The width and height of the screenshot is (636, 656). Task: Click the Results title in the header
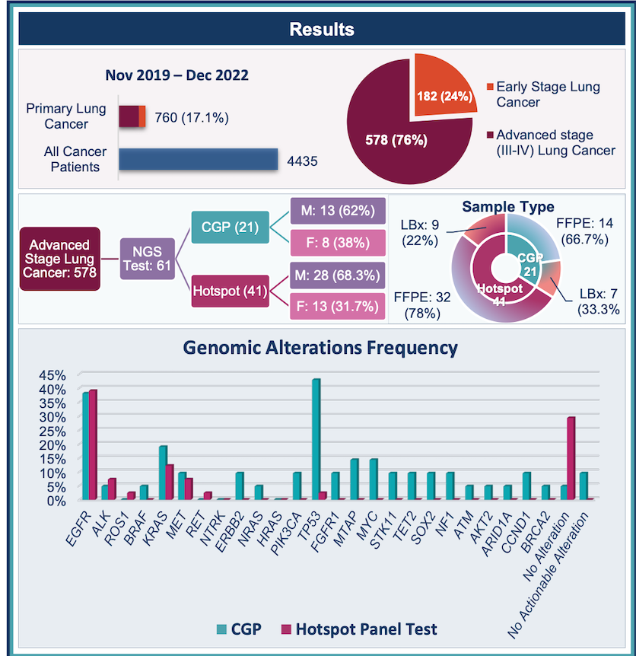[x=321, y=30]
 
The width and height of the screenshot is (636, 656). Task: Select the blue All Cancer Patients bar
[x=199, y=159]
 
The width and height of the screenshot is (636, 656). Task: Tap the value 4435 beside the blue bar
[x=302, y=161]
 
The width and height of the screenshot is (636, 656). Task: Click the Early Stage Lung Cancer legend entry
[x=547, y=94]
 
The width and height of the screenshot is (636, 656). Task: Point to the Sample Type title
[x=508, y=207]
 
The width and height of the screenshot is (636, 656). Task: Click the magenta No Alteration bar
[x=571, y=457]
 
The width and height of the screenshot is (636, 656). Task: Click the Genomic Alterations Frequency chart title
[x=320, y=348]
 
